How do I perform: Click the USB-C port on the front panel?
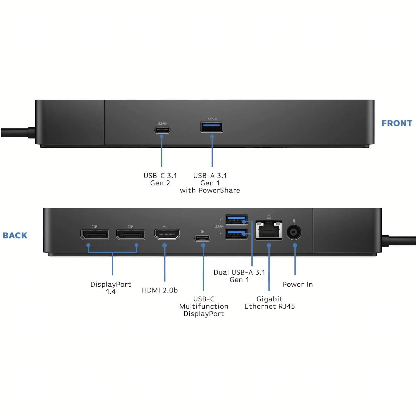(x=162, y=130)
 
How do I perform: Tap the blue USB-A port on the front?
(x=212, y=127)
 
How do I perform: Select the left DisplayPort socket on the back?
(x=95, y=234)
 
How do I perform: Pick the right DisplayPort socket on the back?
(x=130, y=234)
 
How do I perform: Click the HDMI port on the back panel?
(x=167, y=234)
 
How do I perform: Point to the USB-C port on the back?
(x=202, y=238)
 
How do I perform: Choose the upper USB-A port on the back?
(x=236, y=220)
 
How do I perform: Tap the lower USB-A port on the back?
(x=236, y=234)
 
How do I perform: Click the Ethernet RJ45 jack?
(x=269, y=230)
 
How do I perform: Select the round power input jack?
(x=294, y=232)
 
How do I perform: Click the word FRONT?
(x=397, y=123)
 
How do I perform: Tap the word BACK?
(x=15, y=235)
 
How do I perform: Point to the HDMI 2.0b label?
(x=160, y=290)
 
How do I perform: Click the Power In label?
(x=297, y=284)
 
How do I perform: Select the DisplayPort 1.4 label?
(x=111, y=288)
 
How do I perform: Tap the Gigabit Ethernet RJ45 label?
(x=270, y=303)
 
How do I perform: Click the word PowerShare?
(x=223, y=190)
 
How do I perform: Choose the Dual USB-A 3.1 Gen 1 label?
(x=239, y=276)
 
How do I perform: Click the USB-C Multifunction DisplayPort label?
(x=204, y=306)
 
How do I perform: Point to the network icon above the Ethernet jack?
(x=269, y=217)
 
